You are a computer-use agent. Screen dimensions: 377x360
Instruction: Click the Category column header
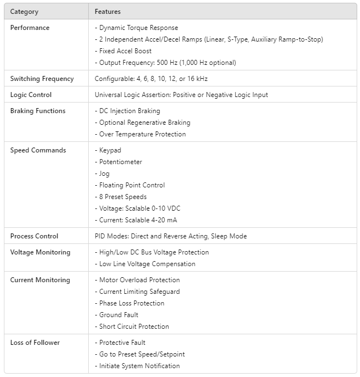pyautogui.click(x=24, y=12)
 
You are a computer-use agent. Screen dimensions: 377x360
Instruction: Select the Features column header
pyautogui.click(x=108, y=12)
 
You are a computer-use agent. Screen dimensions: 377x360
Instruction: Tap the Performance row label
pyautogui.click(x=30, y=28)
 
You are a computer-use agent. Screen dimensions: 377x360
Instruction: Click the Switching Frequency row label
pyautogui.click(x=42, y=79)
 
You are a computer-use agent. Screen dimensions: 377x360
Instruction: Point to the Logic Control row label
pyautogui.click(x=31, y=95)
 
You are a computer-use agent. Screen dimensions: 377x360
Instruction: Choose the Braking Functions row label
pyautogui.click(x=38, y=111)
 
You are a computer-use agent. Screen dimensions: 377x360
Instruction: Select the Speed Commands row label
pyautogui.click(x=38, y=150)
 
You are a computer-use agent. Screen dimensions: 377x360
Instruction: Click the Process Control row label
pyautogui.click(x=34, y=236)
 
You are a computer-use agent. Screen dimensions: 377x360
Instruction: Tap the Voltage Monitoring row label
pyautogui.click(x=40, y=252)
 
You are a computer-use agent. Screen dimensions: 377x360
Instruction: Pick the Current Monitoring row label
pyautogui.click(x=40, y=280)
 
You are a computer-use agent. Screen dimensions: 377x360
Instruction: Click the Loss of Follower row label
pyautogui.click(x=35, y=343)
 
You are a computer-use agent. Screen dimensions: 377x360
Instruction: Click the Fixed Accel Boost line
pyautogui.click(x=125, y=51)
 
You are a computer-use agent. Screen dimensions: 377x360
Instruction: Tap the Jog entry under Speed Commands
pyautogui.click(x=104, y=174)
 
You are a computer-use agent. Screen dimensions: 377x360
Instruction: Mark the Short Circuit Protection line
pyautogui.click(x=134, y=327)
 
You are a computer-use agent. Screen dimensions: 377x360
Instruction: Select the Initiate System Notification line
pyautogui.click(x=139, y=366)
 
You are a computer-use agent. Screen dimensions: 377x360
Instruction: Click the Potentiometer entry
pyautogui.click(x=120, y=162)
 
